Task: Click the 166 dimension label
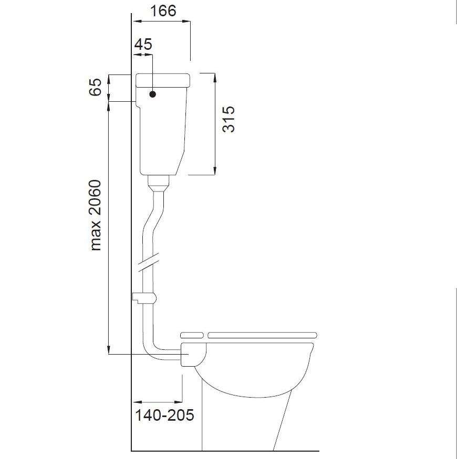pyautogui.click(x=163, y=11)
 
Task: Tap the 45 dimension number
pyautogui.click(x=143, y=45)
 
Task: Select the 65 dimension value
pyautogui.click(x=95, y=87)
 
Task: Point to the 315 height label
pyautogui.click(x=228, y=119)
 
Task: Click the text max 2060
pyautogui.click(x=96, y=215)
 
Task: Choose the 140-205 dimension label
pyautogui.click(x=164, y=415)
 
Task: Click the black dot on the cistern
pyautogui.click(x=152, y=94)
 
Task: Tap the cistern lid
pyautogui.click(x=163, y=80)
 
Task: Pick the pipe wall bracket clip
pyautogui.click(x=144, y=298)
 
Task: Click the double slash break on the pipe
pyautogui.click(x=148, y=262)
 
